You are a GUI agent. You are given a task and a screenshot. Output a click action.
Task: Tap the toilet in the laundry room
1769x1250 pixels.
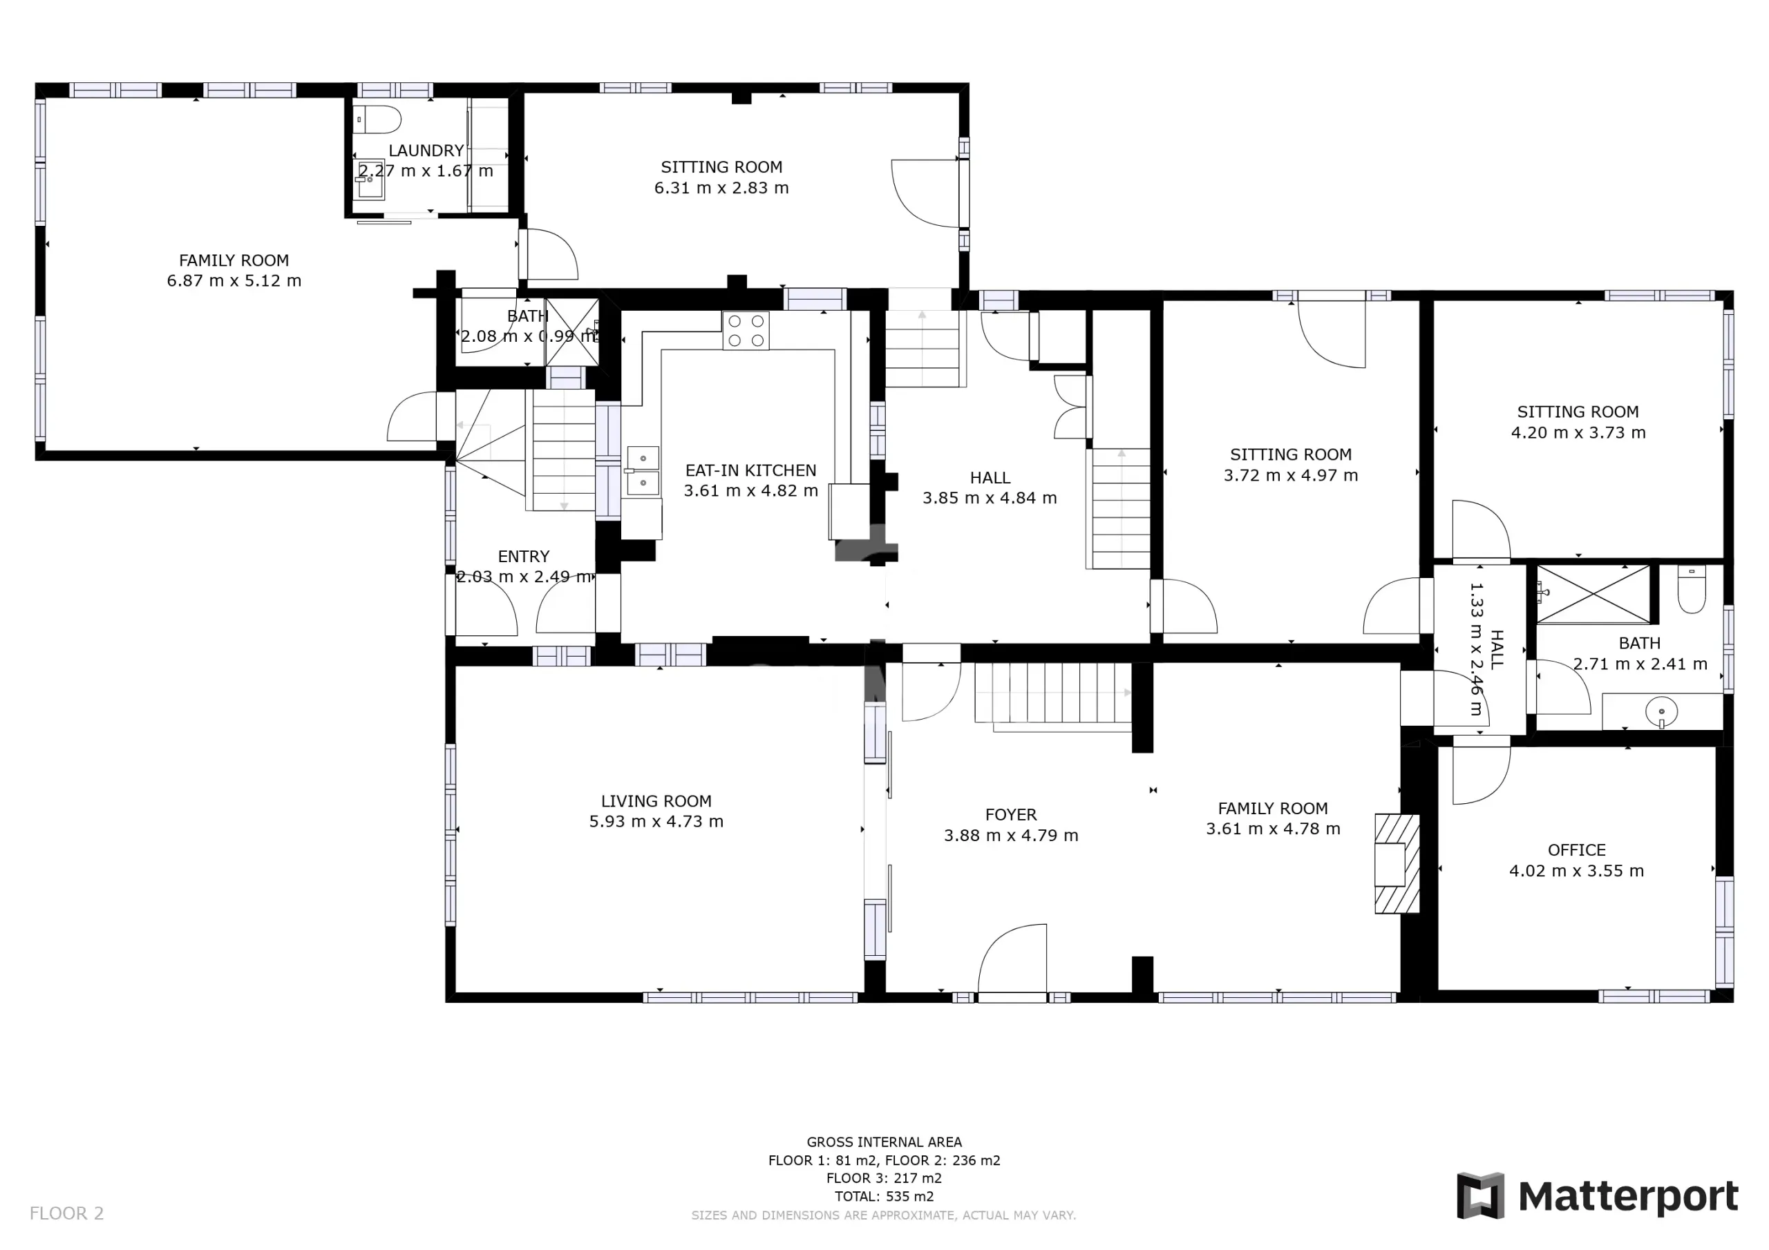[x=378, y=120]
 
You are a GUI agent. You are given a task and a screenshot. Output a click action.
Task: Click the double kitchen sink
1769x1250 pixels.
[x=643, y=470]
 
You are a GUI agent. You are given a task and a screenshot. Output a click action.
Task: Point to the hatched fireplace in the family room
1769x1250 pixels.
[x=1397, y=863]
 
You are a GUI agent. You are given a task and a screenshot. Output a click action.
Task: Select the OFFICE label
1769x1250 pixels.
[x=1576, y=849]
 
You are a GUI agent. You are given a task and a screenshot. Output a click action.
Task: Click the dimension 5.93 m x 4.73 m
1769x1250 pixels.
[x=656, y=821]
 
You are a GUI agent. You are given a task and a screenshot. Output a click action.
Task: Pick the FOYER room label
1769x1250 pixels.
[x=1011, y=814]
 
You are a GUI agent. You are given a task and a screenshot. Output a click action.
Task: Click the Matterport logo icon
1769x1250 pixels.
[x=1480, y=1195]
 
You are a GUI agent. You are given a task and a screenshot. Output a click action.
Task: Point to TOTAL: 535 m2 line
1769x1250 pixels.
[x=884, y=1196]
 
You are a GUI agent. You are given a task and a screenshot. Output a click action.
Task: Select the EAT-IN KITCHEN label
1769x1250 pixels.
[x=751, y=470]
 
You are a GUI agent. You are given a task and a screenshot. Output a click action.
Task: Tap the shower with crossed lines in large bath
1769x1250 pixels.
[x=1593, y=594]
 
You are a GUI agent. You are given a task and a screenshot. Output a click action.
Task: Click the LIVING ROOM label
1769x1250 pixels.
[x=656, y=801]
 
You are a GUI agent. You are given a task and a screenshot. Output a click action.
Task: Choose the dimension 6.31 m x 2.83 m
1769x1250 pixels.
[x=721, y=187]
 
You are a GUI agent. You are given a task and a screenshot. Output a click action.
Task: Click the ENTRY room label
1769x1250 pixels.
[x=524, y=556]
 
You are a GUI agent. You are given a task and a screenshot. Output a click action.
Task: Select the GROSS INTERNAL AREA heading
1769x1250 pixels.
[x=884, y=1142]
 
